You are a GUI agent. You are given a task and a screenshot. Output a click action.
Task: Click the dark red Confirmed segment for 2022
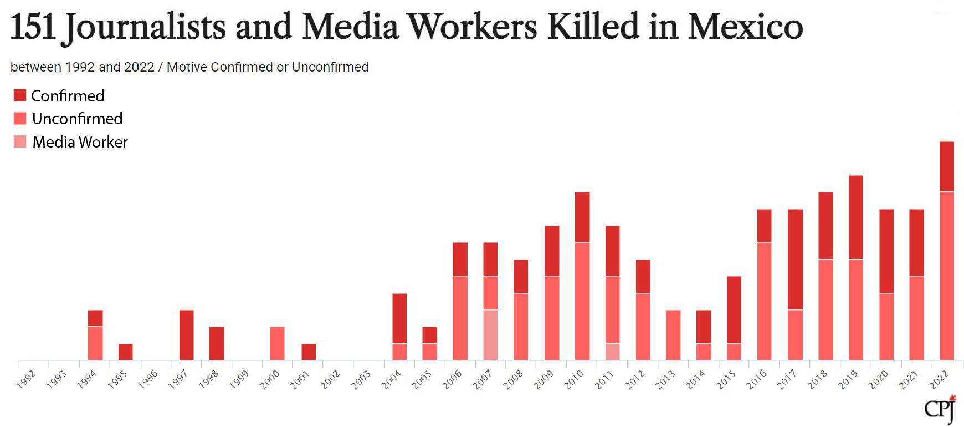(947, 166)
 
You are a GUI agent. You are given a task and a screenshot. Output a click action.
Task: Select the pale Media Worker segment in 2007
(490, 334)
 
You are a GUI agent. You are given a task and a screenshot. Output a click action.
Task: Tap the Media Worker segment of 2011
(612, 352)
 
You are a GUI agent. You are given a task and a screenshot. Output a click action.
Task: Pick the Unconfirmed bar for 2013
(673, 335)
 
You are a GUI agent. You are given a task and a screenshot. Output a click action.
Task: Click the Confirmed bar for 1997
(187, 335)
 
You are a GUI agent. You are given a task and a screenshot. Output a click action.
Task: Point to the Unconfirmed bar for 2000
(278, 343)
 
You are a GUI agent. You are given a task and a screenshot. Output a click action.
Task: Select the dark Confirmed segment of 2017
(795, 259)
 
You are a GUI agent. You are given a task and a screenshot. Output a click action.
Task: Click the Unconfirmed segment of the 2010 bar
(582, 301)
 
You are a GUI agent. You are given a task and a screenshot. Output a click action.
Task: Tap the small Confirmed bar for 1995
(126, 352)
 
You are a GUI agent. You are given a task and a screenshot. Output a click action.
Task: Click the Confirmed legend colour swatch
(20, 95)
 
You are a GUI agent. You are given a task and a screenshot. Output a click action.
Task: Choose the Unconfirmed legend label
(77, 119)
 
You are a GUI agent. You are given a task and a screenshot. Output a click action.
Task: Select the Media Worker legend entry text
(80, 142)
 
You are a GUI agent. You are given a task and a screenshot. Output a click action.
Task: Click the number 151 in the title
(33, 27)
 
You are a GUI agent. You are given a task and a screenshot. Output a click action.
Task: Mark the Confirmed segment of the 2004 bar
(399, 318)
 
